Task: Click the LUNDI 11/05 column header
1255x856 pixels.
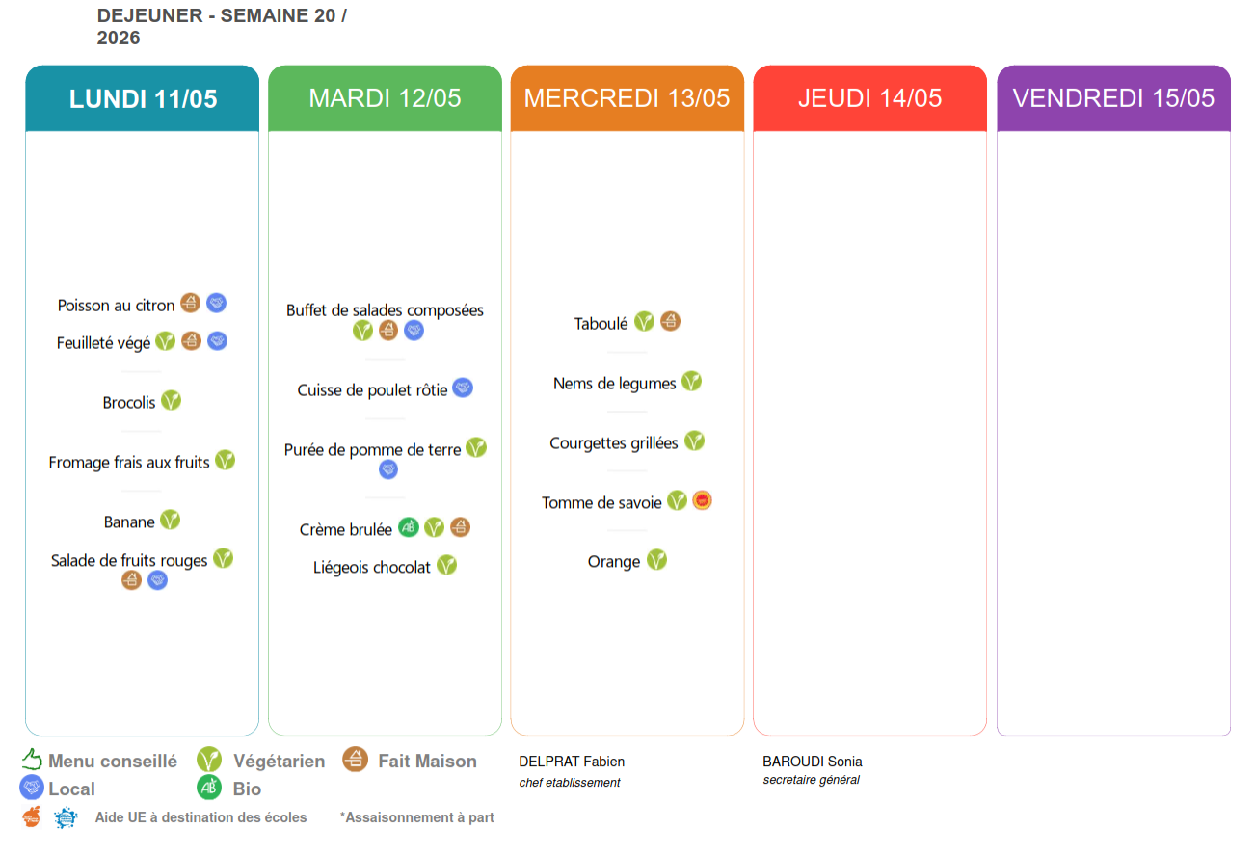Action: click(143, 98)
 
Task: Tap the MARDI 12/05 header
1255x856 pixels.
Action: click(385, 98)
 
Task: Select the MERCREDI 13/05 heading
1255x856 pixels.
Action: click(627, 98)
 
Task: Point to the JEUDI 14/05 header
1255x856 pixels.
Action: click(869, 98)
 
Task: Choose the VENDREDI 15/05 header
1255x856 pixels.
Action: click(1113, 98)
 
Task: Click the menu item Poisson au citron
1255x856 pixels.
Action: click(116, 306)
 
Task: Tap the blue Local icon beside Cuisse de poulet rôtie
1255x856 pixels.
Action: click(463, 388)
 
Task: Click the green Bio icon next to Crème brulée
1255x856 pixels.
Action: click(409, 527)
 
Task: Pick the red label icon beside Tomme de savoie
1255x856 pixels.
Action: click(702, 500)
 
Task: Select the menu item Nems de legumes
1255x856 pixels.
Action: click(615, 384)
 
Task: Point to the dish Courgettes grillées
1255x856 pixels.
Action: click(613, 443)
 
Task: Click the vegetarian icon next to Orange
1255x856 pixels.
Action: click(656, 560)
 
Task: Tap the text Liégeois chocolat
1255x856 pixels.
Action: click(371, 568)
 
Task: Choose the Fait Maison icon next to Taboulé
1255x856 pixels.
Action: click(670, 322)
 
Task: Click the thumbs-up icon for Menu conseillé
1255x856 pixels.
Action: click(32, 759)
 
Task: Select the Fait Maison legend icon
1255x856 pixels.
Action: click(356, 760)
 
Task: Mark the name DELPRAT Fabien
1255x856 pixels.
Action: click(572, 762)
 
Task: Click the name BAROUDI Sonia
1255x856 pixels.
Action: click(813, 762)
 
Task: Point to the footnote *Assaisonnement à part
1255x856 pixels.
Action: click(416, 817)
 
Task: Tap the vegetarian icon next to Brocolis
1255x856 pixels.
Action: click(171, 401)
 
